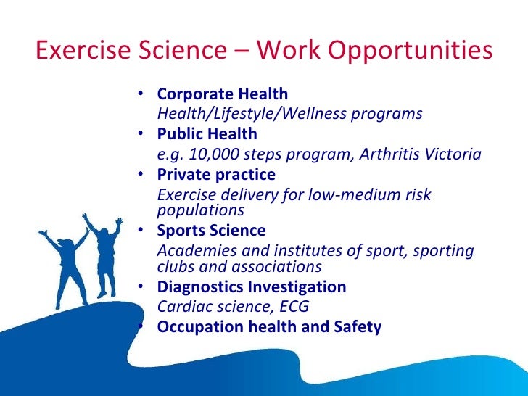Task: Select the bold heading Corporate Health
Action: [x=222, y=94]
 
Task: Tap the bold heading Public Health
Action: [x=207, y=134]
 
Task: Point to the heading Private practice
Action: [x=216, y=175]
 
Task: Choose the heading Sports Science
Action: [x=211, y=231]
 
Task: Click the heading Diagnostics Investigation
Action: [x=251, y=287]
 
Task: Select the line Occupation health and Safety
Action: [x=268, y=327]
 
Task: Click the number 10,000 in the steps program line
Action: [x=213, y=154]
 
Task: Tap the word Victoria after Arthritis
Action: [x=453, y=154]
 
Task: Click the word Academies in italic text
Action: [x=191, y=251]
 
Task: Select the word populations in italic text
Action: [x=200, y=210]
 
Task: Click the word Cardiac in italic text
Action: [x=182, y=306]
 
